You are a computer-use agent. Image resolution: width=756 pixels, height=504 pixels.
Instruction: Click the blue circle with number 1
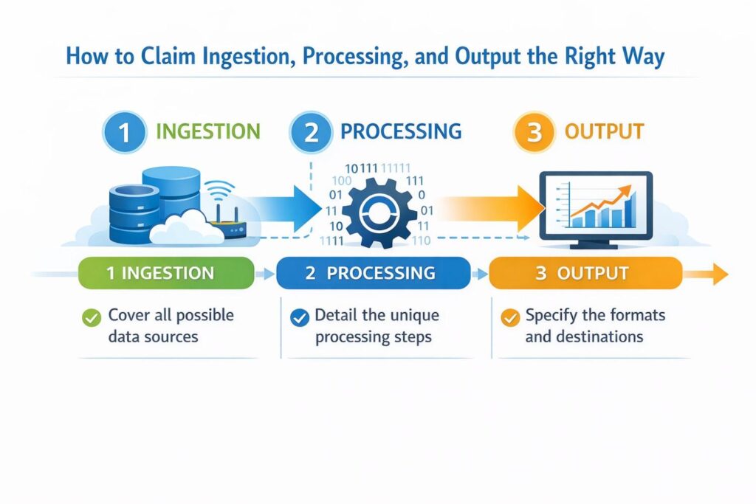(x=124, y=133)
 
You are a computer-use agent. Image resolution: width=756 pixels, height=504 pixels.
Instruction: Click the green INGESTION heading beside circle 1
(x=207, y=133)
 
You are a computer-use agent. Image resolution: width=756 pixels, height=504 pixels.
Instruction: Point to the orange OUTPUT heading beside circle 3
(x=604, y=133)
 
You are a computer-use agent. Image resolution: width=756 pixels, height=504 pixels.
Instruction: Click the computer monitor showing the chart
(x=596, y=207)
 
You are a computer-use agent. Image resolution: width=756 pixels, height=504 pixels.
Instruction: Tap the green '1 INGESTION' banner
(x=161, y=273)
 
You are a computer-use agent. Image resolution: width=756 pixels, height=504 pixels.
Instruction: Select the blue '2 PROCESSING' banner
(x=373, y=273)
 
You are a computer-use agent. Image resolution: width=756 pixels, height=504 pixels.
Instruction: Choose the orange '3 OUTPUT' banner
(x=585, y=273)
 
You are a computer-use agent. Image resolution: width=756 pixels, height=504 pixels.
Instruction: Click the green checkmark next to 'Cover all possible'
(x=92, y=318)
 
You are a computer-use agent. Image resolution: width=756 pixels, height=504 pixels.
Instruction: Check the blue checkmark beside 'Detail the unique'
(x=299, y=318)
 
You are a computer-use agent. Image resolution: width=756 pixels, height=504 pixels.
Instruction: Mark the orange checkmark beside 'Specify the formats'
(x=509, y=318)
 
